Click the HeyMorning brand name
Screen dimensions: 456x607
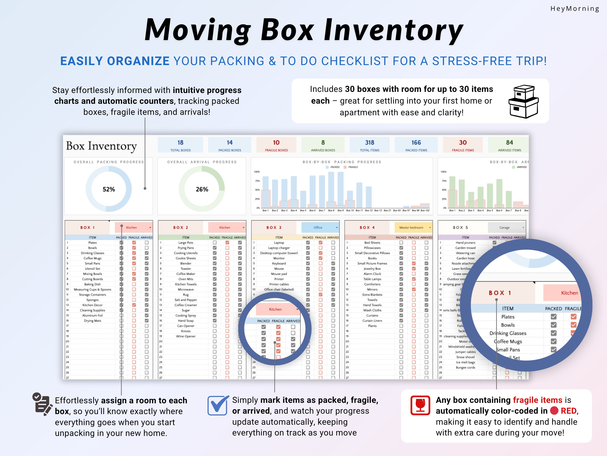click(x=575, y=9)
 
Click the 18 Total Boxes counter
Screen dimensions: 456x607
click(x=180, y=145)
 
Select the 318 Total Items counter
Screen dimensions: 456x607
click(x=369, y=145)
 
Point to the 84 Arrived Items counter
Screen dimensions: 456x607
click(x=509, y=145)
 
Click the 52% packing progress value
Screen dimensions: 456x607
click(x=109, y=189)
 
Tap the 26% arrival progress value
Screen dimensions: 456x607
click(x=202, y=189)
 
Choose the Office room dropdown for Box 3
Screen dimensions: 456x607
click(x=320, y=228)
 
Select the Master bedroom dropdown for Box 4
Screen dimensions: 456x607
click(x=413, y=228)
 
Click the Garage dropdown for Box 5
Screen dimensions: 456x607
click(x=507, y=228)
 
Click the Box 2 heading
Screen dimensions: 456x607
click(x=181, y=228)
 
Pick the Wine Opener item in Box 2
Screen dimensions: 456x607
click(x=186, y=336)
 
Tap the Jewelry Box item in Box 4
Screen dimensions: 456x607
click(x=372, y=269)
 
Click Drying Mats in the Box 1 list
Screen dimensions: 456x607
click(x=92, y=320)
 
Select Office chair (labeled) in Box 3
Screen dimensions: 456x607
click(x=279, y=289)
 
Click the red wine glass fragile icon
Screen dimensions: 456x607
click(x=420, y=405)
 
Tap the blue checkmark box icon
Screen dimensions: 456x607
click(x=218, y=405)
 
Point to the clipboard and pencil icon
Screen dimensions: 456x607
click(x=42, y=404)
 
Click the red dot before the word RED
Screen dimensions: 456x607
click(x=554, y=411)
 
